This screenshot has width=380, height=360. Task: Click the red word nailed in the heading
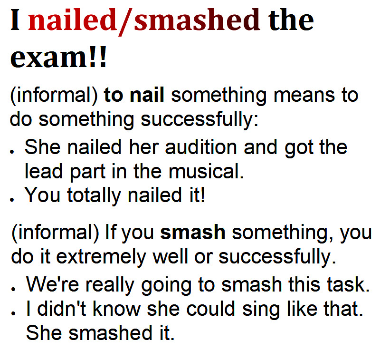(x=72, y=20)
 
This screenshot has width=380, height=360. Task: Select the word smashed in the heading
(x=197, y=20)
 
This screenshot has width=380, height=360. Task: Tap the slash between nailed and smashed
(x=125, y=22)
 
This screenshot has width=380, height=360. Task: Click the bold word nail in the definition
(x=147, y=95)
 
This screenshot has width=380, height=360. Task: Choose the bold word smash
(x=193, y=233)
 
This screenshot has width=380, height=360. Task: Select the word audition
(x=201, y=147)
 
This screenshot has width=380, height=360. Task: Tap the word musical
(x=206, y=172)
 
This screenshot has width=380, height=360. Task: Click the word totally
(x=94, y=196)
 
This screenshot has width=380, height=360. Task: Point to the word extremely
(x=101, y=257)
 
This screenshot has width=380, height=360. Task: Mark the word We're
(x=53, y=284)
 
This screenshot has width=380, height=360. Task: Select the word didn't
(x=61, y=308)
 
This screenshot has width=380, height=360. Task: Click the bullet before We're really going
(x=13, y=289)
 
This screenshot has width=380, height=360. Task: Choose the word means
(x=304, y=95)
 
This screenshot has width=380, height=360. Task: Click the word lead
(x=44, y=171)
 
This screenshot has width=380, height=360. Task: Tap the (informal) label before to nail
(x=54, y=96)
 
